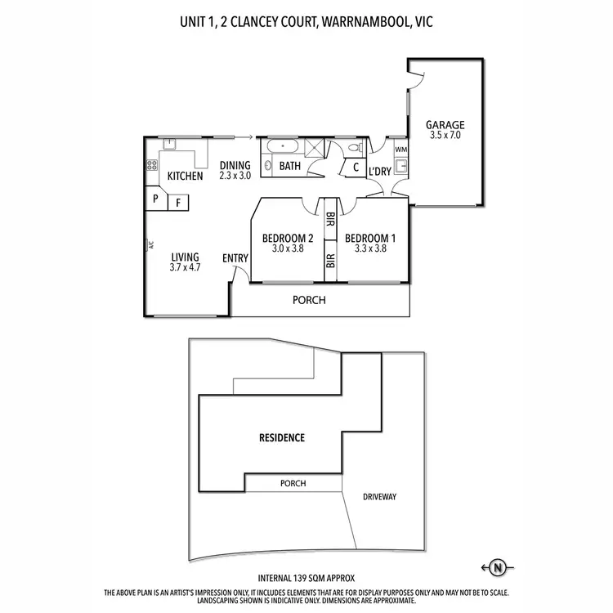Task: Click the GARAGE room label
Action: [445, 125]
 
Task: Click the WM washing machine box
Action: [400, 150]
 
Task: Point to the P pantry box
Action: [155, 199]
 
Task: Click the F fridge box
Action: [177, 202]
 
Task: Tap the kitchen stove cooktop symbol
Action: [152, 164]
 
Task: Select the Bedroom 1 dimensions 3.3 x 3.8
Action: [370, 249]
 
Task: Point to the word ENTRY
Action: [235, 259]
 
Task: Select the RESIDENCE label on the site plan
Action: [281, 438]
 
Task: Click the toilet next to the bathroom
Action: [354, 148]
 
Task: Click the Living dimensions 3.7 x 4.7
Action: [185, 267]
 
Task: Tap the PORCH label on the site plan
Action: [293, 484]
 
